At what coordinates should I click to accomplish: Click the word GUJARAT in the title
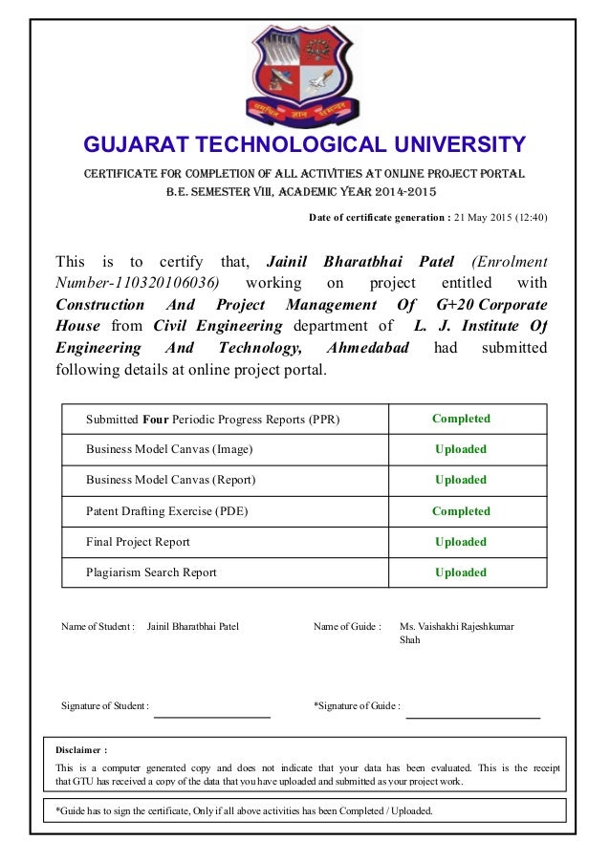pyautogui.click(x=135, y=145)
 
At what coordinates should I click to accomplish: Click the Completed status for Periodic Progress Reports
pyautogui.click(x=461, y=419)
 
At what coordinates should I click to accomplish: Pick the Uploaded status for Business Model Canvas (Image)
pyautogui.click(x=461, y=449)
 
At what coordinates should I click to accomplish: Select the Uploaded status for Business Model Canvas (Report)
pyautogui.click(x=461, y=480)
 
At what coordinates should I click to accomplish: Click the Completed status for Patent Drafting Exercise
pyautogui.click(x=461, y=511)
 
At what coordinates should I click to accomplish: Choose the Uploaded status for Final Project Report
pyautogui.click(x=461, y=542)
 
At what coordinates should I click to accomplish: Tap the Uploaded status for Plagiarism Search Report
pyautogui.click(x=461, y=572)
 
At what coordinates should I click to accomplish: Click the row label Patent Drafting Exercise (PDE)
pyautogui.click(x=167, y=511)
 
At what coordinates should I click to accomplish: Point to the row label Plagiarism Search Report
pyautogui.click(x=151, y=572)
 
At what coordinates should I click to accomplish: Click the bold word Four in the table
pyautogui.click(x=156, y=419)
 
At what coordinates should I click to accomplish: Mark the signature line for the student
pyautogui.click(x=212, y=715)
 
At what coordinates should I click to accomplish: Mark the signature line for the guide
pyautogui.click(x=473, y=716)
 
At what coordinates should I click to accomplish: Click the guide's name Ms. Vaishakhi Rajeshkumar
pyautogui.click(x=456, y=627)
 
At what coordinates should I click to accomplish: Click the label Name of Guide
pyautogui.click(x=347, y=627)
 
